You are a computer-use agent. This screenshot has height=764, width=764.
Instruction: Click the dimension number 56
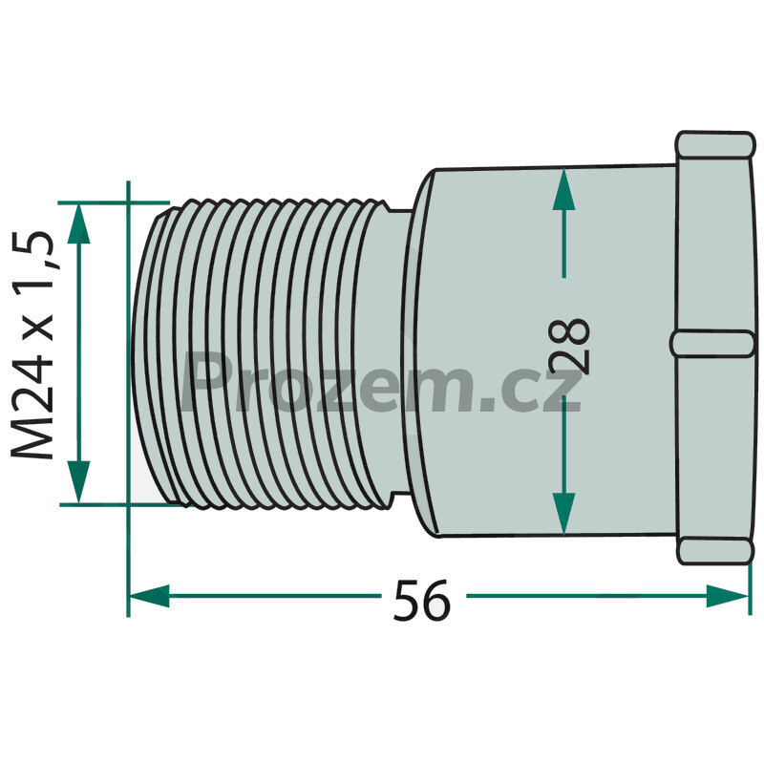422,600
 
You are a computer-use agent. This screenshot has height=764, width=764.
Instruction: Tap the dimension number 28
568,347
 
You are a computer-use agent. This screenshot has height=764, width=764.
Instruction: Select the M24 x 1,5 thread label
34,345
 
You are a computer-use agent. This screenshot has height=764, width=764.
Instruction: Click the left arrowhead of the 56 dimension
150,596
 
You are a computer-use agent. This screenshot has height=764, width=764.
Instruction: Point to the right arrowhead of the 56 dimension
728,596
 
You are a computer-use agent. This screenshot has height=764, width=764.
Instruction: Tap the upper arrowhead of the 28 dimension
563,189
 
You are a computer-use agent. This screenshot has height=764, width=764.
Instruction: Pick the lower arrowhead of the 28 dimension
563,514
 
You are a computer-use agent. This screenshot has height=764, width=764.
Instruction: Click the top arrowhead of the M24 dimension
78,223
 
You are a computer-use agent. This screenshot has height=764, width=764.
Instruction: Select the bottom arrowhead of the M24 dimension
78,481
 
